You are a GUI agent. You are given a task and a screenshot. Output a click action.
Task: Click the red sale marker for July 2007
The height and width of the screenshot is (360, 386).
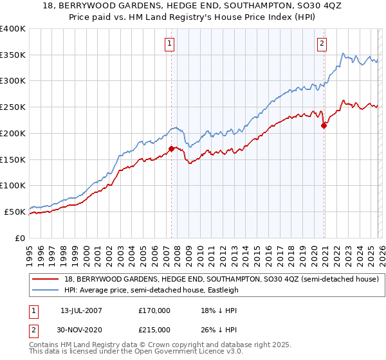click(171, 148)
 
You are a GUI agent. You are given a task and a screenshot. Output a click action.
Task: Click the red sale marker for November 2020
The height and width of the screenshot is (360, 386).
click(324, 125)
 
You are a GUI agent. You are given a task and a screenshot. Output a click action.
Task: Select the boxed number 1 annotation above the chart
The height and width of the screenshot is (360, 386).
click(169, 44)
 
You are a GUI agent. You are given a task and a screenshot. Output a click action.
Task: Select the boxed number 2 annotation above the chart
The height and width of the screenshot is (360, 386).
click(321, 44)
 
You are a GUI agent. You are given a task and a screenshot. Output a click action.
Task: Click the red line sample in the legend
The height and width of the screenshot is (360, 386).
click(47, 279)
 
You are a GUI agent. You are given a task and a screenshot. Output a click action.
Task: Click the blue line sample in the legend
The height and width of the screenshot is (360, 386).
click(47, 290)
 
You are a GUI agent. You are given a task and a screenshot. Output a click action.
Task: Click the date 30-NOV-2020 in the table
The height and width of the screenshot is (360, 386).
click(77, 329)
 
